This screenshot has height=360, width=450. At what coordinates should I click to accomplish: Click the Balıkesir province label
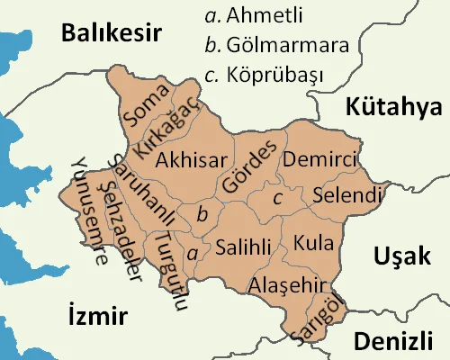click(110, 34)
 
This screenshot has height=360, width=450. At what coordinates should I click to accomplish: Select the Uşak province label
click(400, 256)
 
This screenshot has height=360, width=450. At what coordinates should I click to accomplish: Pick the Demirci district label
click(319, 159)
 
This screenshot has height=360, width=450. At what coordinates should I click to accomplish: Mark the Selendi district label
click(336, 194)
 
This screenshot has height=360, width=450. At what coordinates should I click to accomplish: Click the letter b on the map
click(202, 213)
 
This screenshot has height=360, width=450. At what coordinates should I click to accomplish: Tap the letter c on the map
click(278, 197)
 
